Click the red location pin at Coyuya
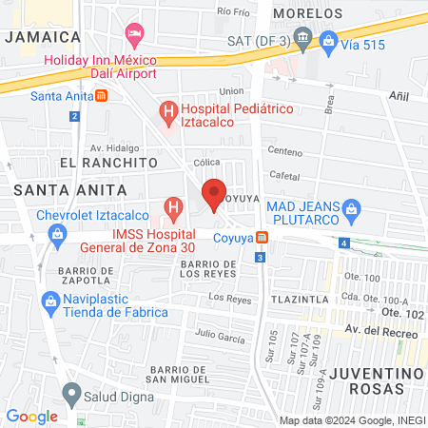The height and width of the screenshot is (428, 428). [214, 191]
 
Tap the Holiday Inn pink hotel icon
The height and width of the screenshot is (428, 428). [134, 36]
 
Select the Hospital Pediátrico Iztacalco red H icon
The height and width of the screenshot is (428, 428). [169, 114]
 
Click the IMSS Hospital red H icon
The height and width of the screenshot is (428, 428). [173, 206]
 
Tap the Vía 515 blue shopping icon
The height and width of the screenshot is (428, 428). [328, 40]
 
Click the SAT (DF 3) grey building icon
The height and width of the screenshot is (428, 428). [302, 40]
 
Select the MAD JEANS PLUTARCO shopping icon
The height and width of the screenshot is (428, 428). [350, 206]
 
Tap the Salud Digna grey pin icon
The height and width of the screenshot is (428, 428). [70, 392]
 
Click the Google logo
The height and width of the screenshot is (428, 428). [31, 416]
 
